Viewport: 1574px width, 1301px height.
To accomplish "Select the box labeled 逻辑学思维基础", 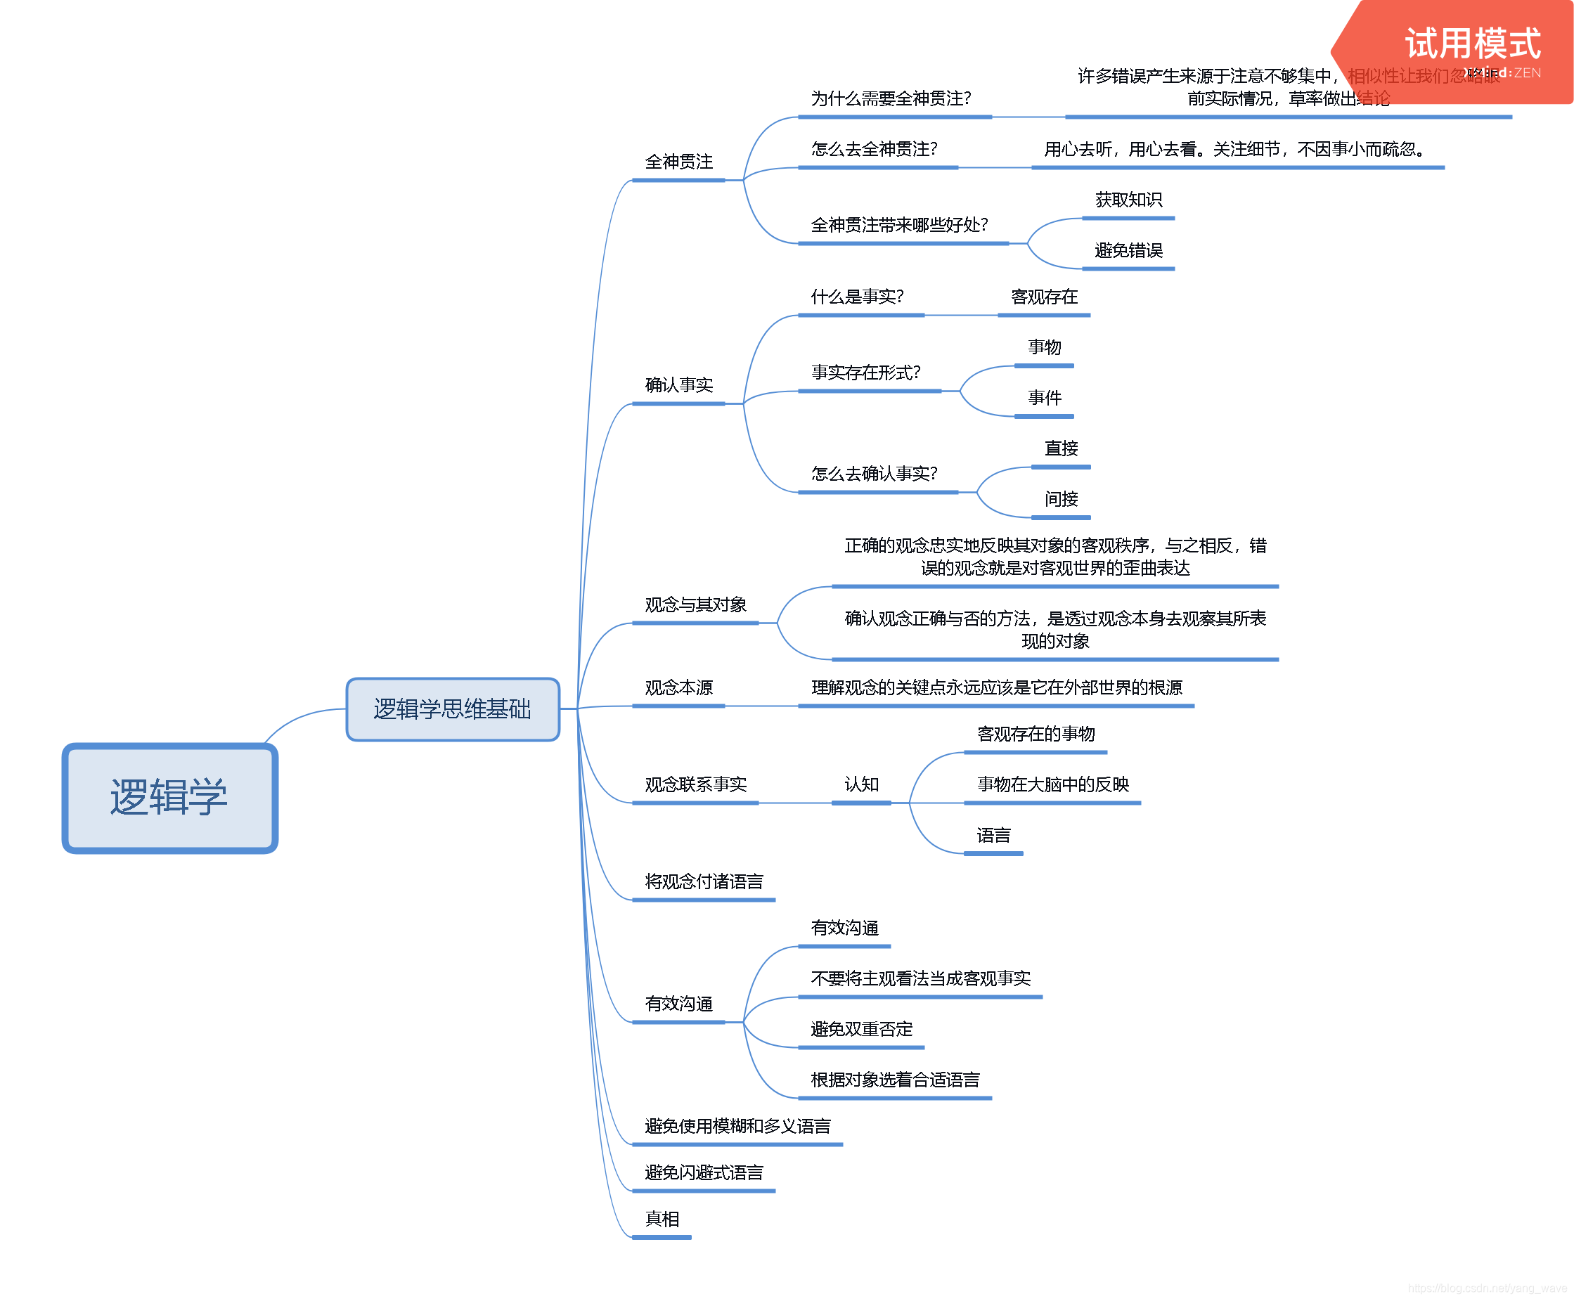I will (453, 709).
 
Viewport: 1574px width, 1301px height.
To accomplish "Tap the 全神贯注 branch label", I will (678, 162).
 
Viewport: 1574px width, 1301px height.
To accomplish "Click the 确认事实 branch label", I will (678, 385).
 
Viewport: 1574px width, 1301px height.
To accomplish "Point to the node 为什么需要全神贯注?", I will (891, 99).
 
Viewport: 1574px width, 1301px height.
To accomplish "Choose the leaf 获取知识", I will (1128, 200).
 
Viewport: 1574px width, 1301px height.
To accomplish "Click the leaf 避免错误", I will (1128, 250).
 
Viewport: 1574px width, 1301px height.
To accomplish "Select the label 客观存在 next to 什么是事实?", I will (1044, 297).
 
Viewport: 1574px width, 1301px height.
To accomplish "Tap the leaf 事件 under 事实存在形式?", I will (1044, 398).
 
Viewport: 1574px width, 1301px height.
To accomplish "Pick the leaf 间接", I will (1061, 499).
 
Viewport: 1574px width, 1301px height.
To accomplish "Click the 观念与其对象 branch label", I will (695, 604).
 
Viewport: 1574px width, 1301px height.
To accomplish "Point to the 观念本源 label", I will (678, 688).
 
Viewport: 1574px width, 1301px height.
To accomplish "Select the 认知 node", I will (861, 784).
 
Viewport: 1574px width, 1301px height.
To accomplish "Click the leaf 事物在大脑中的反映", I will (1052, 784).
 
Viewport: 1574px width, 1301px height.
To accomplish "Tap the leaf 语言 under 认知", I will (993, 836).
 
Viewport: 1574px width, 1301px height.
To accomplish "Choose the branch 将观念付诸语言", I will (704, 882).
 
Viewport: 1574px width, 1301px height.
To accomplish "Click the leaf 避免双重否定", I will (861, 1030).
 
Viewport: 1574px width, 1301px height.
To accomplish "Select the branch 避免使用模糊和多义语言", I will (737, 1127).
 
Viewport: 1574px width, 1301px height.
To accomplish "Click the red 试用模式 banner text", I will (1472, 44).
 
